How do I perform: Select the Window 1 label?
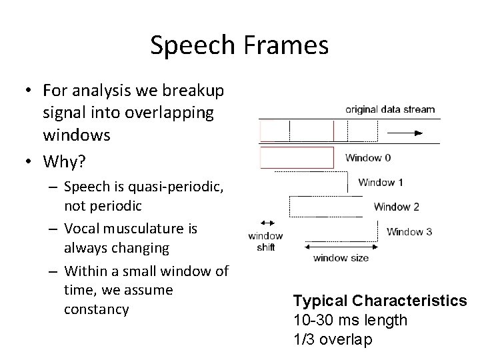381,182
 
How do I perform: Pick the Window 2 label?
396,207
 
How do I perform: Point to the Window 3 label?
409,232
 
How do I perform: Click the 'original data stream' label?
390,109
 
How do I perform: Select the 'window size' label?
341,257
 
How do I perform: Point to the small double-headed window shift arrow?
269,222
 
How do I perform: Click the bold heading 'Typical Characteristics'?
380,301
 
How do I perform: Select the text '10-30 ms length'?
350,320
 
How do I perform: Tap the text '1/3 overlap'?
333,339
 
